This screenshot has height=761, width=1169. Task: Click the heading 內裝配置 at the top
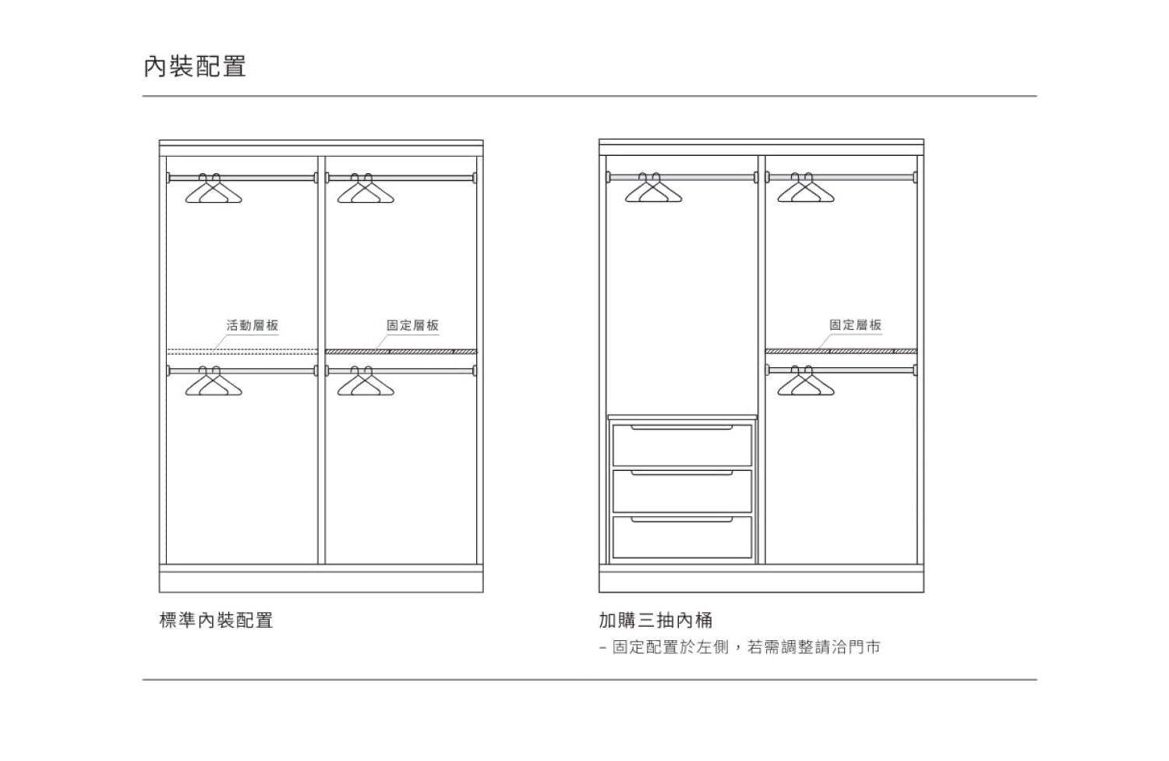pos(195,66)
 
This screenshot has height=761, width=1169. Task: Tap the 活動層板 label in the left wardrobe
pos(253,325)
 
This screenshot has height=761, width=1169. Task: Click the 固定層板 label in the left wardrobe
pos(413,325)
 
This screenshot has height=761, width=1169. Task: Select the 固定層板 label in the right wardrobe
pos(855,325)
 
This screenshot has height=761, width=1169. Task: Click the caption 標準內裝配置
pos(216,621)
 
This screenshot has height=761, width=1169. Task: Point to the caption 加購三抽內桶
pos(655,621)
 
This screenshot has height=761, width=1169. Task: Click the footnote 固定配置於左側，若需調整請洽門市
pos(746,647)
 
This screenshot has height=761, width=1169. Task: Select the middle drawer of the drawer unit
pos(682,491)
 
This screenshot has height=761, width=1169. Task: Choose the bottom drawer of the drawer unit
pos(682,538)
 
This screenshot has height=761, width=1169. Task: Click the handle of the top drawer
pos(682,428)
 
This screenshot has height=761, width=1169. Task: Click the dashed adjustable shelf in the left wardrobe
pos(242,352)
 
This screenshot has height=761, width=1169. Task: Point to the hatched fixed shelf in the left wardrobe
pos(401,352)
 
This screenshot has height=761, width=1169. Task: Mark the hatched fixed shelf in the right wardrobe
pos(841,352)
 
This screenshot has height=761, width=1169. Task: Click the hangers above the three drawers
pos(653,189)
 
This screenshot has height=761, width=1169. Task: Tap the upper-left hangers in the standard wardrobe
pos(214,189)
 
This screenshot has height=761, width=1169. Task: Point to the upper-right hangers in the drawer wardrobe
pos(806,189)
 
